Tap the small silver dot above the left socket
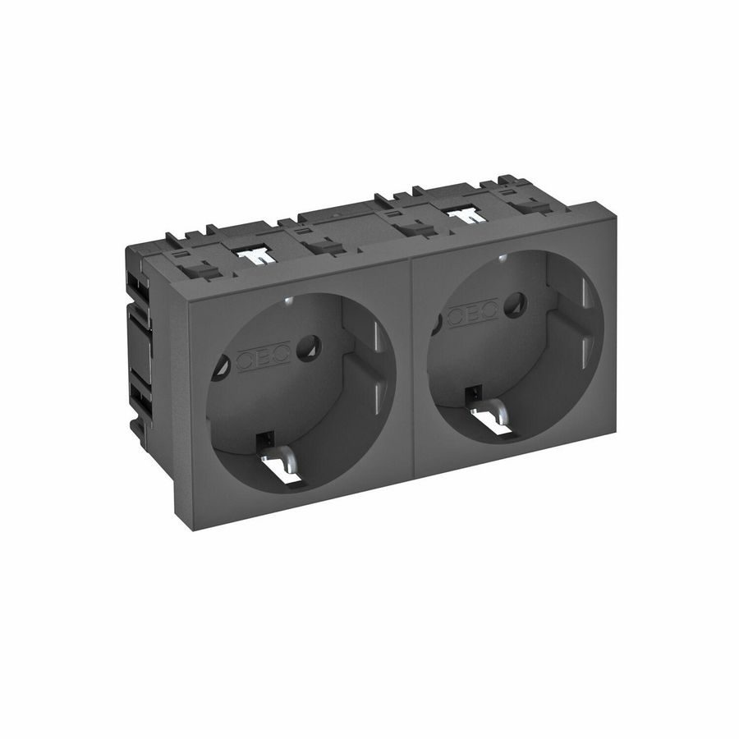285,301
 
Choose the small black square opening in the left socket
264,441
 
